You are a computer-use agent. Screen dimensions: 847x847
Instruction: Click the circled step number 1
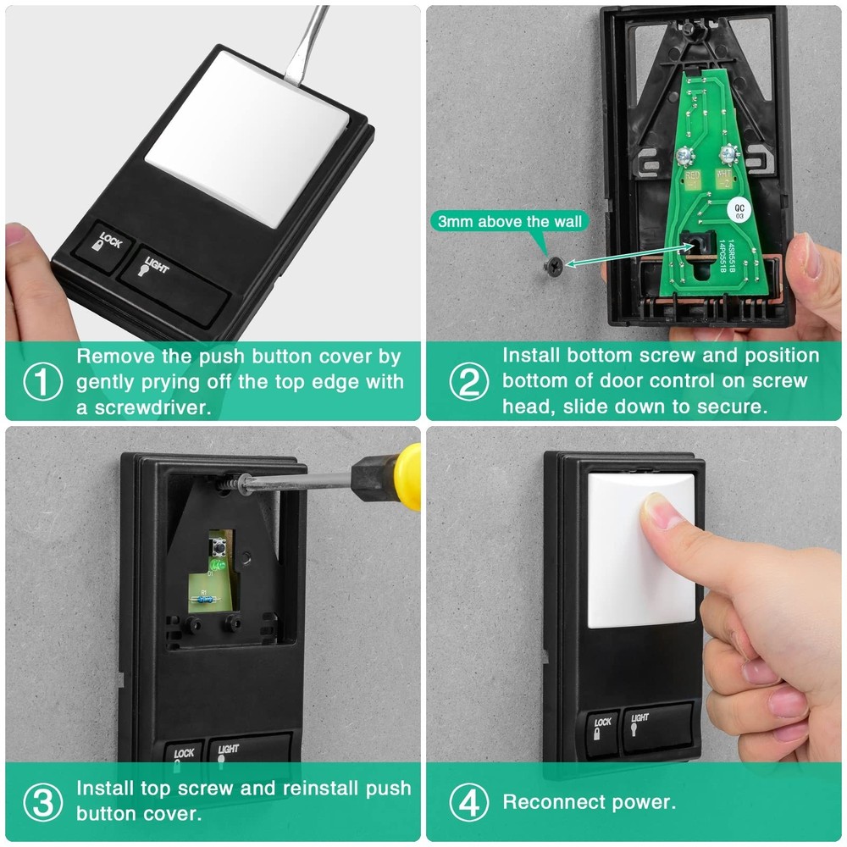point(42,382)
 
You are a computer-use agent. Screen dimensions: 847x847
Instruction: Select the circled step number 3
point(42,801)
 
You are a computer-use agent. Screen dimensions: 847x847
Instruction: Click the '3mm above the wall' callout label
point(510,222)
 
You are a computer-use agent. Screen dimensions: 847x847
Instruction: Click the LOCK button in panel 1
point(108,247)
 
